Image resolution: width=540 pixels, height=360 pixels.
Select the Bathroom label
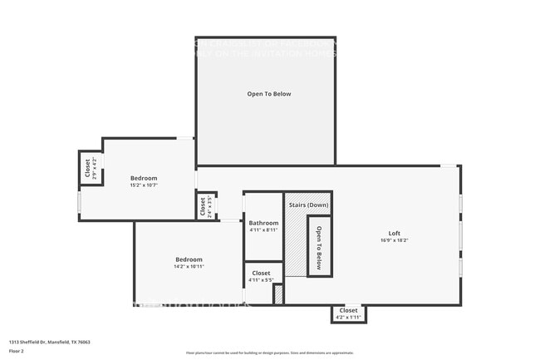click(263, 223)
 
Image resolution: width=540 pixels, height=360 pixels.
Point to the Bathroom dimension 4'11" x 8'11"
click(263, 230)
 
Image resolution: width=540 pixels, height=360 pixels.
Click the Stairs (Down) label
click(308, 205)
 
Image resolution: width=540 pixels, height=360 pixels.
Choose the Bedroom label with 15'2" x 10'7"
click(143, 178)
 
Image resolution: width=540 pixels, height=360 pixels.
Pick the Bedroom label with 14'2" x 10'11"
click(189, 259)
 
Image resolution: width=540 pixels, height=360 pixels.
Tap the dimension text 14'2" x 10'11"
click(189, 267)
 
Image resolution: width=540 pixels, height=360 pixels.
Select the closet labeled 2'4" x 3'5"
click(202, 205)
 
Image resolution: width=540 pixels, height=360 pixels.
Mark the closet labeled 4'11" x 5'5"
click(261, 276)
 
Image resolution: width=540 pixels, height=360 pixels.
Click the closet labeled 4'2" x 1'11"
click(349, 313)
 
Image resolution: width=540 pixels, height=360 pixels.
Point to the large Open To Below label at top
click(268, 94)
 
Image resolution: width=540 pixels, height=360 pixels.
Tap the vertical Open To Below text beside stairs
click(318, 244)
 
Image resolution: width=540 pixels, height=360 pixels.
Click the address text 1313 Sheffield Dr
click(49, 342)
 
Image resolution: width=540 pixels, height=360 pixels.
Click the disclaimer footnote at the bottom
click(269, 353)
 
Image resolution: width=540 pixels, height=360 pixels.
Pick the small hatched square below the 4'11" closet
click(278, 294)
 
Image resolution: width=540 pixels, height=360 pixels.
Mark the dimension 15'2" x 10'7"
click(143, 185)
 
